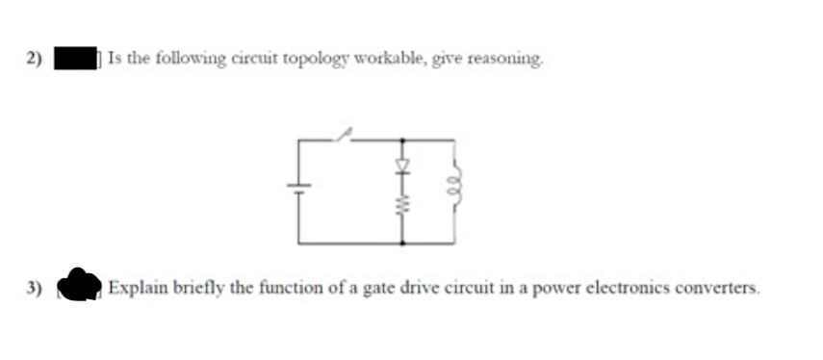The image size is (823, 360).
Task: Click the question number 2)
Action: (x=36, y=59)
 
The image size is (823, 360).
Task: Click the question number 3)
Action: (x=36, y=287)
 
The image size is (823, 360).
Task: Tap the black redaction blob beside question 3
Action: (x=79, y=286)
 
